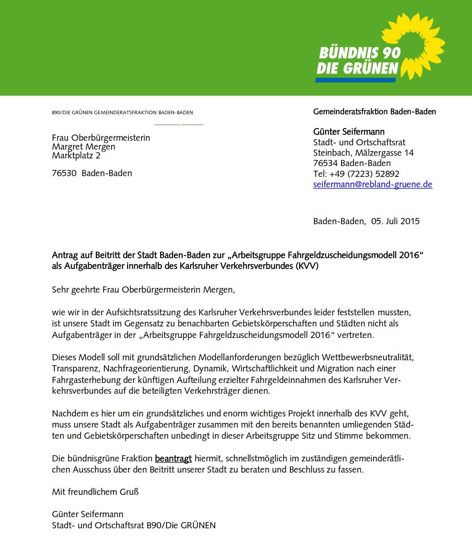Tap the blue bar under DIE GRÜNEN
click(355, 80)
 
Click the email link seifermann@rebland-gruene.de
click(372, 184)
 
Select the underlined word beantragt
click(173, 458)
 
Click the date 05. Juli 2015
click(395, 221)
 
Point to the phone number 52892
click(387, 174)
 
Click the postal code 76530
click(64, 173)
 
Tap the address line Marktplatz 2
click(76, 155)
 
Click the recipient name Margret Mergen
click(83, 146)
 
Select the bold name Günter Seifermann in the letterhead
click(349, 132)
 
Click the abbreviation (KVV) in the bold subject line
click(307, 266)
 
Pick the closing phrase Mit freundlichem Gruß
click(95, 492)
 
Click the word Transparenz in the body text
click(75, 368)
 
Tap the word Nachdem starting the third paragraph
click(70, 413)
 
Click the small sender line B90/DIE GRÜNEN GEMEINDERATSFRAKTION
click(122, 113)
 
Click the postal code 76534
click(325, 163)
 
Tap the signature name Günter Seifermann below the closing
click(87, 514)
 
